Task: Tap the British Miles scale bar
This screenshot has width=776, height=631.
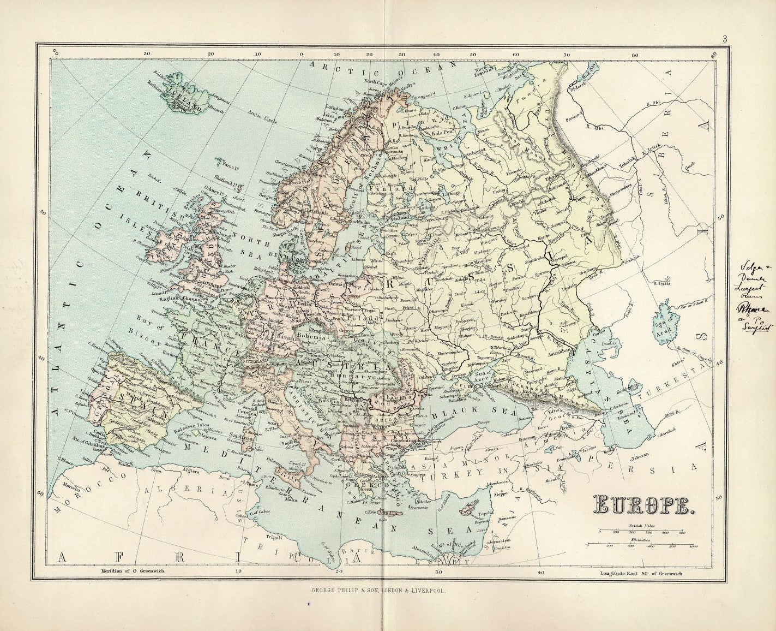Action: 641,531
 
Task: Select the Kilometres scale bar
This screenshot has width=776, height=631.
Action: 641,545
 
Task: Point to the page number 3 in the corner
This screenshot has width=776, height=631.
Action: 725,39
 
